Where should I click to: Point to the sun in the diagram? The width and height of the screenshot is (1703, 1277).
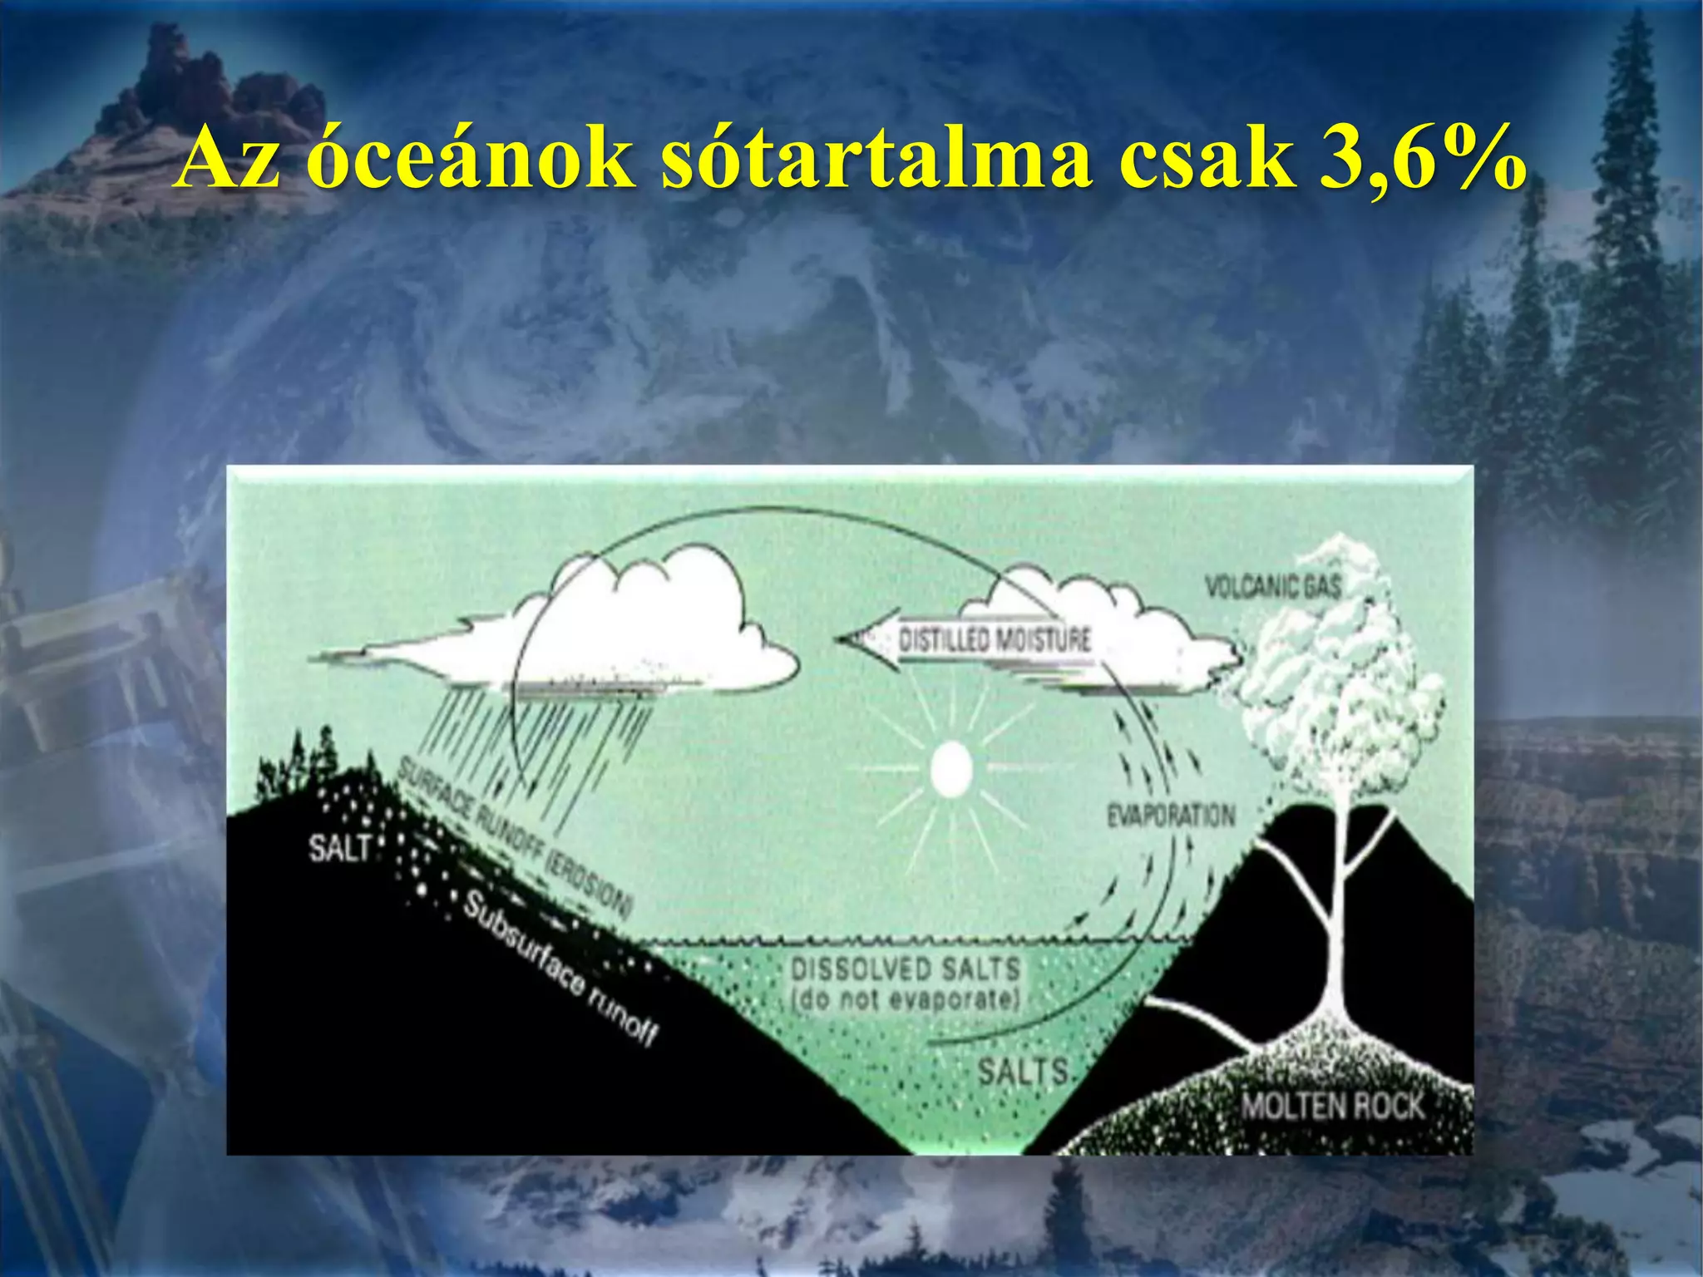pyautogui.click(x=950, y=769)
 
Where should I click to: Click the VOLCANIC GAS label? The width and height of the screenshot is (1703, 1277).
pyautogui.click(x=1273, y=587)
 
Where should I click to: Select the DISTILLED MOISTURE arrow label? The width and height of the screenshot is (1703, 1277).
pyautogui.click(x=995, y=640)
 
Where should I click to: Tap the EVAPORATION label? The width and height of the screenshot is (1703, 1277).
pyautogui.click(x=1170, y=816)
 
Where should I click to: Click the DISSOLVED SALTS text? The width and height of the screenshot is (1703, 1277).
pyautogui.click(x=905, y=969)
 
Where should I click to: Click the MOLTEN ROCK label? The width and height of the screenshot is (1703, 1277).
pyautogui.click(x=1332, y=1107)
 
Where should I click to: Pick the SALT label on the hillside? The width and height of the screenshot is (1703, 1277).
pyautogui.click(x=339, y=849)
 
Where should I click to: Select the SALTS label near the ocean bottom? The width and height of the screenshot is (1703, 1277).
pyautogui.click(x=1022, y=1071)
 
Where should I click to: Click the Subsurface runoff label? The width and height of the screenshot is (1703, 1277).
pyautogui.click(x=560, y=969)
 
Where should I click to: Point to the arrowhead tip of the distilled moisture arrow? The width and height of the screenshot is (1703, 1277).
pyautogui.click(x=842, y=639)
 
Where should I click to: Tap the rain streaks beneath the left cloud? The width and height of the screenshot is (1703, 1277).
pyautogui.click(x=532, y=748)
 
